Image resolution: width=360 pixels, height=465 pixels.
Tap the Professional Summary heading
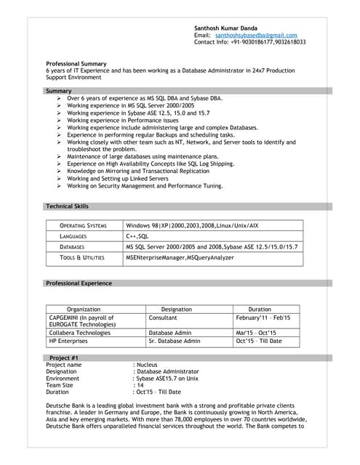coord(76,63)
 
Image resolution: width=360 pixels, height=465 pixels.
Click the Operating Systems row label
coord(83,226)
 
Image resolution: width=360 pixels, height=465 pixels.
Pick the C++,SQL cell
coord(137,236)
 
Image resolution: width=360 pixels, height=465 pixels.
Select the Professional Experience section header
coord(79,283)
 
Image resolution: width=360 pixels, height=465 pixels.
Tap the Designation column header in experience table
coord(177,310)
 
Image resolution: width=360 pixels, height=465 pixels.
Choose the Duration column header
coord(260,310)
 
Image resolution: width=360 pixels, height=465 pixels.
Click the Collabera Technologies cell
coord(79,332)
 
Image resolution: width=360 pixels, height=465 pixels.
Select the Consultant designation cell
coord(163,318)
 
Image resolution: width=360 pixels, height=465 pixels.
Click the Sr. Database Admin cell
coord(175,340)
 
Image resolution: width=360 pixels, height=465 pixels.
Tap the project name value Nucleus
coord(148,365)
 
